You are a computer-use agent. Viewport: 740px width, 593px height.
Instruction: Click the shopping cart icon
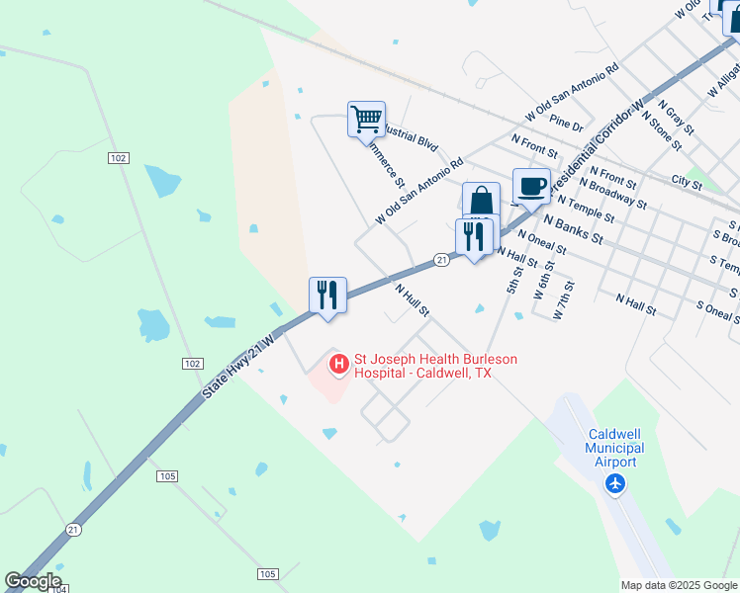tap(366, 120)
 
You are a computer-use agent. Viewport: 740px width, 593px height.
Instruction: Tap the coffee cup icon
tap(531, 186)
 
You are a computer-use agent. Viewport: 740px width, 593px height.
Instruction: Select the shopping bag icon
tap(481, 201)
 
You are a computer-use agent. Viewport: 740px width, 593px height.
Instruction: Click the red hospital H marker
tap(339, 365)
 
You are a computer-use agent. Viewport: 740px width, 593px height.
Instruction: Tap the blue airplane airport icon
tap(616, 483)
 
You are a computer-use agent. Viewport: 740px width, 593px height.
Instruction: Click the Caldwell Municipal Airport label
tap(615, 448)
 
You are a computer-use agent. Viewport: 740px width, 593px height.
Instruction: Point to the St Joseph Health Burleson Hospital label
tap(435, 366)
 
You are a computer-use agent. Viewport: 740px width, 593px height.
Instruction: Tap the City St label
tap(686, 181)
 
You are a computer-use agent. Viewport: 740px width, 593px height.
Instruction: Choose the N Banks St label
tap(573, 230)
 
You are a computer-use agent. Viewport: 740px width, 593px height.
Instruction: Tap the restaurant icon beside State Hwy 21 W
tap(326, 295)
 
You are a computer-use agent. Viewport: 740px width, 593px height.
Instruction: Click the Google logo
tap(34, 581)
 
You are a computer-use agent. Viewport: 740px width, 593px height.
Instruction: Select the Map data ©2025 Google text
tap(679, 585)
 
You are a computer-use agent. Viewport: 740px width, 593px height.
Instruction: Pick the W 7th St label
tap(563, 299)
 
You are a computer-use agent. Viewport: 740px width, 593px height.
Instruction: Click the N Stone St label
tap(662, 130)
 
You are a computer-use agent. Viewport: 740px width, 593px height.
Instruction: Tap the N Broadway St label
tap(613, 194)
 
